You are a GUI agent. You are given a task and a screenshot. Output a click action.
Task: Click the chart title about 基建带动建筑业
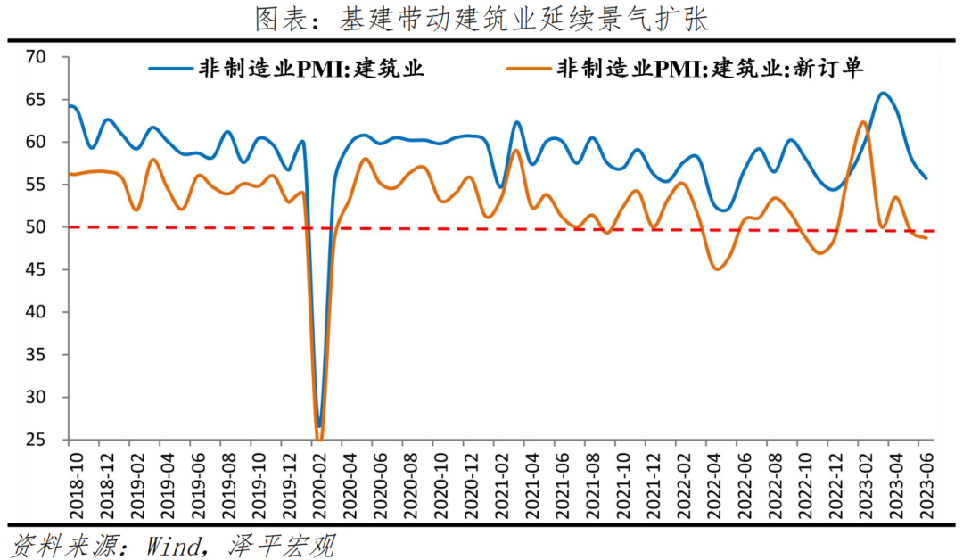[481, 19]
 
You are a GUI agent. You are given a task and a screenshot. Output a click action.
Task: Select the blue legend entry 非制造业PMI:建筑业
[286, 68]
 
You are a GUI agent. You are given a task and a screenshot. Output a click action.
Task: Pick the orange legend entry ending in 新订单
[685, 68]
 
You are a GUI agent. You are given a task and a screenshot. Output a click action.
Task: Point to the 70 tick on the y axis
[36, 57]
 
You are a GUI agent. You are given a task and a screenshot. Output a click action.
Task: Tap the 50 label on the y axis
[36, 227]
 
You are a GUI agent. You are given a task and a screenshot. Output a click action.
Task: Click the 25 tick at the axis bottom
[36, 440]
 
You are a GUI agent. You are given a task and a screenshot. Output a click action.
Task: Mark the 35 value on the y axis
[36, 355]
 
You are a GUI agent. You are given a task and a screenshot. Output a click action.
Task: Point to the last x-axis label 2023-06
[926, 486]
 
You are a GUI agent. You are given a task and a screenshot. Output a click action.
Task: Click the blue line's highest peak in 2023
[883, 93]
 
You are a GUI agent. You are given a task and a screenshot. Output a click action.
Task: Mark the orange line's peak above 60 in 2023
[863, 121]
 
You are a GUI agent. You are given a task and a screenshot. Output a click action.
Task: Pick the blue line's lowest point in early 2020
[318, 425]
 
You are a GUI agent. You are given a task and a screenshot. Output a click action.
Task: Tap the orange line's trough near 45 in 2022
[717, 269]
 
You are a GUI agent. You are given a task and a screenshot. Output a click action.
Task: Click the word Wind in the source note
[173, 545]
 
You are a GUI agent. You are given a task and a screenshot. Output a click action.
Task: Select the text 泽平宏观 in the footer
[282, 545]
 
